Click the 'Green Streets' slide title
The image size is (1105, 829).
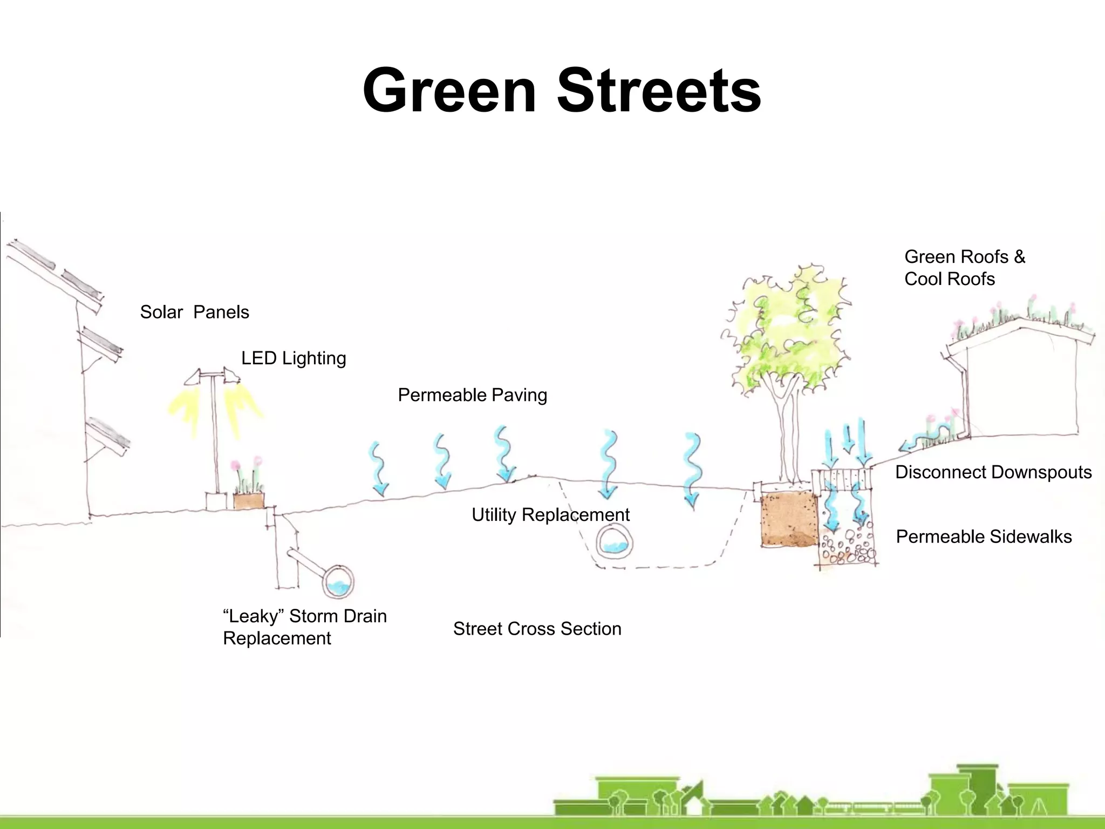[561, 91]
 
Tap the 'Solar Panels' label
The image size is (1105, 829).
[194, 312]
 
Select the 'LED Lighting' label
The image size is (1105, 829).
[294, 358]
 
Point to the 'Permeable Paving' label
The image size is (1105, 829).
[472, 395]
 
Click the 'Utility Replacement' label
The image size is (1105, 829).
[550, 515]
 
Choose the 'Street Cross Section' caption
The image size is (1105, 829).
[537, 629]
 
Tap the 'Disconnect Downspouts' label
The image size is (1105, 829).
[993, 472]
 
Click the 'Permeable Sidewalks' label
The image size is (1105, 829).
[984, 536]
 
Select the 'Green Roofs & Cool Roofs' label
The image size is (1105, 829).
[964, 268]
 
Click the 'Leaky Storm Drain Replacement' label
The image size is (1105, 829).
[305, 627]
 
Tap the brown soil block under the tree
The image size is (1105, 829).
[789, 519]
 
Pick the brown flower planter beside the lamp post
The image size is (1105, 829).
[249, 501]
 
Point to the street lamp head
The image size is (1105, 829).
[212, 376]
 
